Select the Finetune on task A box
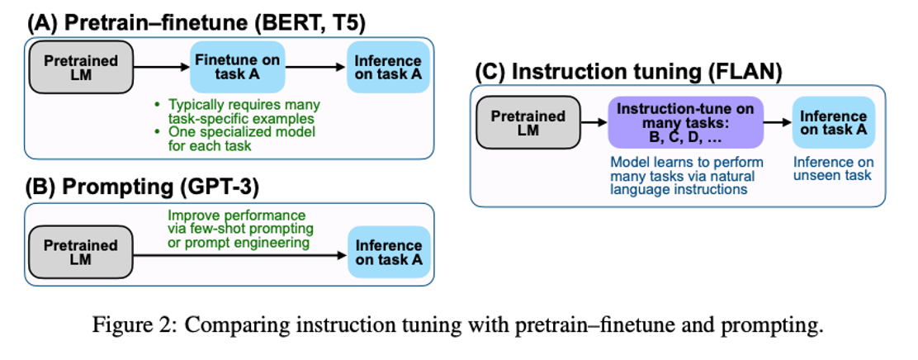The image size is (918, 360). (237, 69)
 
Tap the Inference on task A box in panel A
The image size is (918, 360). (387, 69)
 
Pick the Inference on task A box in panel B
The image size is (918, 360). (389, 253)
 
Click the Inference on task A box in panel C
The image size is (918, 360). (833, 124)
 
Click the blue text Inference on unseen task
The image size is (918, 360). (832, 168)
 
